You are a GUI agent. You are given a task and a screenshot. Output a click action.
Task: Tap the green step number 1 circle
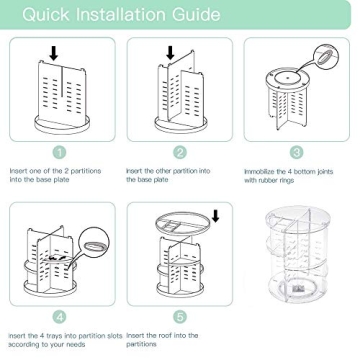[x=61, y=152]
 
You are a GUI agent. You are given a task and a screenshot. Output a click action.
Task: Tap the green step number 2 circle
[x=180, y=152]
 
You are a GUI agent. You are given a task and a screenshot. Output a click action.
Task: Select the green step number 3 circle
[x=297, y=152]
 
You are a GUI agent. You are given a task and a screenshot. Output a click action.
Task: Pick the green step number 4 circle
[x=61, y=317]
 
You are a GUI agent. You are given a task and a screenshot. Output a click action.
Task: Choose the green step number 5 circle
[x=180, y=317]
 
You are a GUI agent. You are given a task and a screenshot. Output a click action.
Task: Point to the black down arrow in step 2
[x=171, y=52]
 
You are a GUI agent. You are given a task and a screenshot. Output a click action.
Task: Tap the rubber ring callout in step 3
[x=325, y=55]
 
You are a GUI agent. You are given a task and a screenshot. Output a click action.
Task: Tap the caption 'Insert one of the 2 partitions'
[x=55, y=175]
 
